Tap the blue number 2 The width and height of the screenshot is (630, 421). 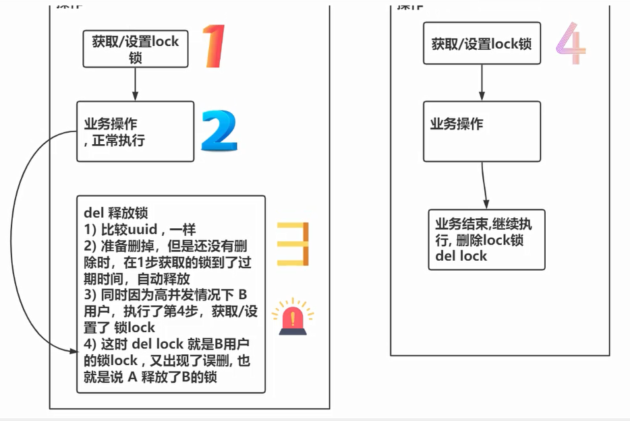(219, 131)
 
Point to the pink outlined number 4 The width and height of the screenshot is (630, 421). (571, 44)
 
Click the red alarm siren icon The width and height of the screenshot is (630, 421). (293, 319)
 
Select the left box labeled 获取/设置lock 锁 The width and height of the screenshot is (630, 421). (135, 49)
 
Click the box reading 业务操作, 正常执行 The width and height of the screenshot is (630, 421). (135, 132)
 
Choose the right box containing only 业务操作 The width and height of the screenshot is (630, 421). (482, 131)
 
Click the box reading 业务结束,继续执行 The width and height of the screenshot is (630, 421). (486, 240)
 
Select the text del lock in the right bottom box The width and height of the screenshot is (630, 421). (461, 256)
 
